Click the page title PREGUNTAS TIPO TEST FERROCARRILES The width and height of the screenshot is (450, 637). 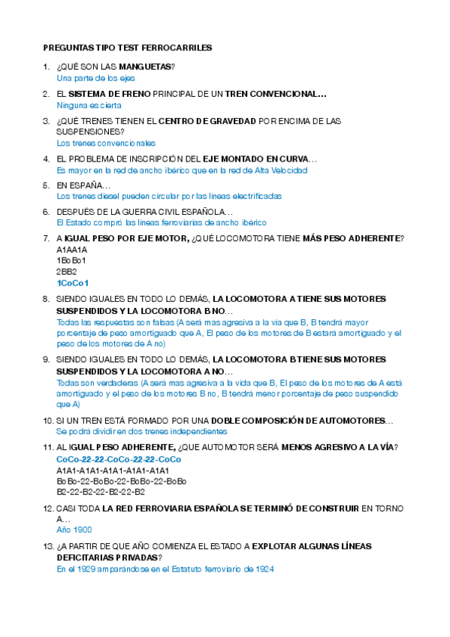coord(127,47)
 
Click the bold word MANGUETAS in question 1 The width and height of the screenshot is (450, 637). coord(145,67)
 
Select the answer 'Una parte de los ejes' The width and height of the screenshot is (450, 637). coord(95,77)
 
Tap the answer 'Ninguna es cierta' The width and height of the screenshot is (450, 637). coord(88,105)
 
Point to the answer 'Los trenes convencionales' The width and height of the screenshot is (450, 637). coord(106,143)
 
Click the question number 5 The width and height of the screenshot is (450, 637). coord(46,185)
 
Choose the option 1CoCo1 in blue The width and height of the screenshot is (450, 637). coord(72,282)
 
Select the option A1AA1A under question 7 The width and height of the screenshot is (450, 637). coord(72,249)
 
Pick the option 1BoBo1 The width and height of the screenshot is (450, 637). coord(72,261)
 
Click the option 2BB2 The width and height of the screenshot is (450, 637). coord(67,271)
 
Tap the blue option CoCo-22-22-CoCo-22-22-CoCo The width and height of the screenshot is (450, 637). coord(119,459)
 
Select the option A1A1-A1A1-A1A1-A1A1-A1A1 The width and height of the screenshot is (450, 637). coord(113,470)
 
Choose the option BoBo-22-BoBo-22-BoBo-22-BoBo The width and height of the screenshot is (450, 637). coord(122,481)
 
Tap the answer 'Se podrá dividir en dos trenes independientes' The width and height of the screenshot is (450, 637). coord(141,432)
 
